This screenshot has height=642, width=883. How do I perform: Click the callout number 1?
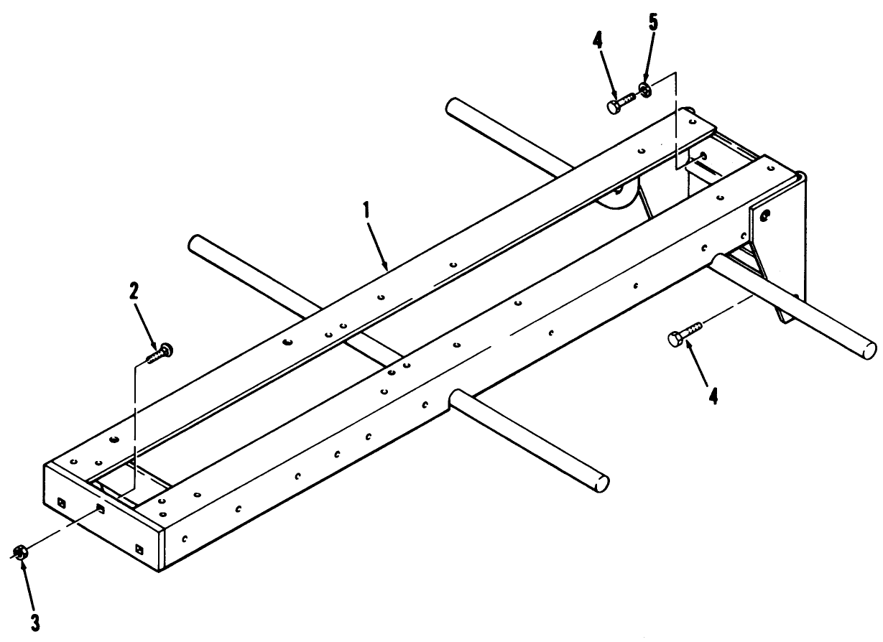[x=366, y=210]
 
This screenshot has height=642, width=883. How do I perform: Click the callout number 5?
[x=653, y=22]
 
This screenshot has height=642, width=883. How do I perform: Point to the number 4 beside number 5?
[x=598, y=41]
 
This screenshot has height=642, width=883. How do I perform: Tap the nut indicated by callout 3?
[x=20, y=552]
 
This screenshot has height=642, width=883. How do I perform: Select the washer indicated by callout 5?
[x=645, y=90]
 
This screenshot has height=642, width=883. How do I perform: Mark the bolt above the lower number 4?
[x=685, y=335]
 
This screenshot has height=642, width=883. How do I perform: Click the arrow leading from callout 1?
[x=378, y=247]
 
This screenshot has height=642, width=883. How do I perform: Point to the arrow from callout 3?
[x=29, y=586]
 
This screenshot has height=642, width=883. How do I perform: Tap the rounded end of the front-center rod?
[x=601, y=483]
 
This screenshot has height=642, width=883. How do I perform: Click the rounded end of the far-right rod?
[x=869, y=350]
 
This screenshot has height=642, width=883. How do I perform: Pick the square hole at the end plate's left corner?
[x=61, y=503]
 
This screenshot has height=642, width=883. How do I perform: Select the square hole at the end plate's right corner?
[x=139, y=549]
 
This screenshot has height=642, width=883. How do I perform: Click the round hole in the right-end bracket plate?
[x=765, y=215]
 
